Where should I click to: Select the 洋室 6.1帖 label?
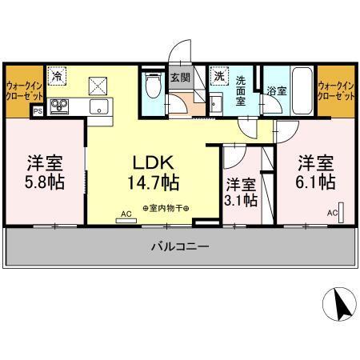[316, 171]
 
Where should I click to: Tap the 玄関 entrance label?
[179, 78]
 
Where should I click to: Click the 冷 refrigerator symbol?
[58, 77]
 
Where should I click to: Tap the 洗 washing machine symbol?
[218, 77]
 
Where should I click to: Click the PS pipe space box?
[38, 112]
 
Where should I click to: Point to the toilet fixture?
[154, 86]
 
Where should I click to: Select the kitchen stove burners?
[60, 104]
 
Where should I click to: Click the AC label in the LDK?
[126, 214]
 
